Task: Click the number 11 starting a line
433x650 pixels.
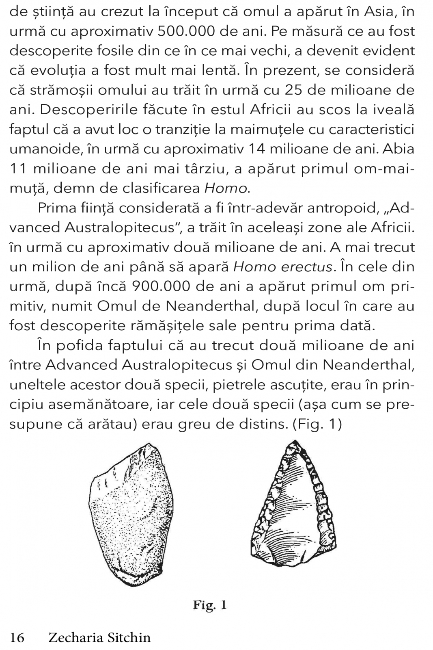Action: pyautogui.click(x=20, y=168)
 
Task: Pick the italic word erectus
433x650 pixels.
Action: pyautogui.click(x=302, y=267)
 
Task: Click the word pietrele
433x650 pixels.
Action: pyautogui.click(x=233, y=384)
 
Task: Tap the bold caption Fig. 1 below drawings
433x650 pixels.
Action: pyautogui.click(x=209, y=606)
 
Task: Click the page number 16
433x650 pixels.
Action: pyautogui.click(x=17, y=637)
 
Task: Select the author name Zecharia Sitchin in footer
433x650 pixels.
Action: pyautogui.click(x=99, y=637)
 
